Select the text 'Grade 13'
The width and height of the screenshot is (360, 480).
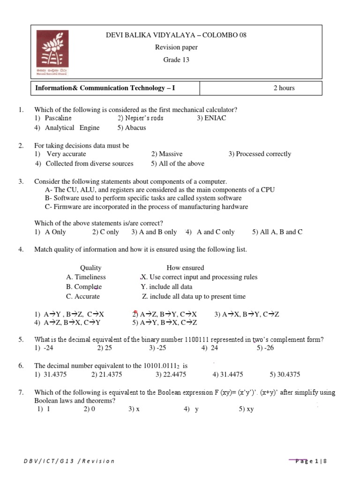click(x=176, y=60)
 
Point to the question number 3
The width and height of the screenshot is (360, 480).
click(x=21, y=181)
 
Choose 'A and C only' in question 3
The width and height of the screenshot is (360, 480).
click(x=216, y=232)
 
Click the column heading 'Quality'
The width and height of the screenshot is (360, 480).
click(x=90, y=268)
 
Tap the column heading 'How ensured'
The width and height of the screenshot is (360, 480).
click(x=185, y=268)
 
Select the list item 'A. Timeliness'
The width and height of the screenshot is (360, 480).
click(x=86, y=277)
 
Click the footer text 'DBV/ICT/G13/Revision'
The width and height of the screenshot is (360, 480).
click(x=69, y=461)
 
